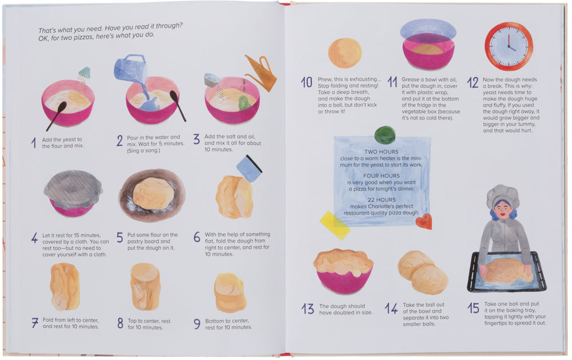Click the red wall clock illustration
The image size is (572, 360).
[509, 46]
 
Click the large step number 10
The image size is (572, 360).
[307, 82]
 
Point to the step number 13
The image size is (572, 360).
[308, 309]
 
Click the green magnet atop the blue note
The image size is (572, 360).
[385, 134]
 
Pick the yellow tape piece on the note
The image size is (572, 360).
[335, 226]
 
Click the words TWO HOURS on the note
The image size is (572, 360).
[381, 152]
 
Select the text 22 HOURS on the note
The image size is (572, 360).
[381, 200]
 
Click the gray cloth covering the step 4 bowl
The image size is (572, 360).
[73, 189]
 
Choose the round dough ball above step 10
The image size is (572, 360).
[345, 53]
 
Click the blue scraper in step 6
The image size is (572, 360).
[249, 168]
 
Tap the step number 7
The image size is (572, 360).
[35, 323]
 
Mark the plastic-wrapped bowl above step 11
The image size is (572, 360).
[428, 45]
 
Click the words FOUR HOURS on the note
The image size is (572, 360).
[381, 176]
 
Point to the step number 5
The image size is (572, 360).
[120, 238]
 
